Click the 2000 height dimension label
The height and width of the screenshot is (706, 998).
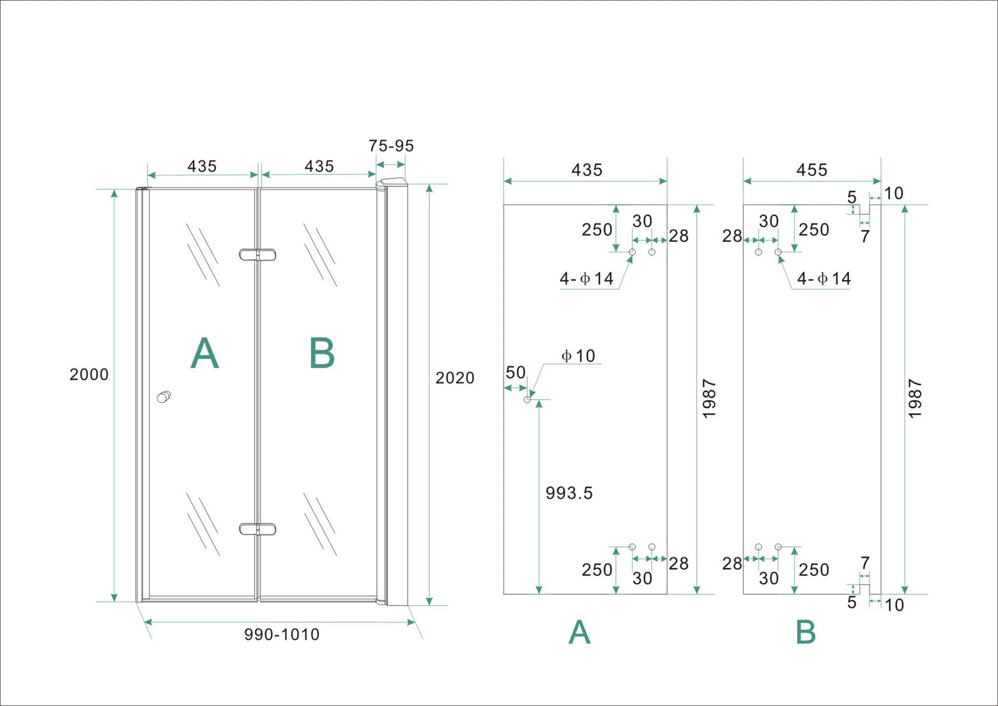(89, 374)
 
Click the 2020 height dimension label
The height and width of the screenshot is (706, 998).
(454, 378)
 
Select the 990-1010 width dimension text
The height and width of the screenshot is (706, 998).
(282, 634)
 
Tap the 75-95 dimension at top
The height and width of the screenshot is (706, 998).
(391, 146)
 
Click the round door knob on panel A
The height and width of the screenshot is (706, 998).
(164, 397)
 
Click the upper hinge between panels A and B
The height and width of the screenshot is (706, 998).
(257, 255)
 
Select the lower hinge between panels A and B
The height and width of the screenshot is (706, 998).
(257, 529)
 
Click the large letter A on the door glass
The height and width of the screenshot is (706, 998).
(204, 354)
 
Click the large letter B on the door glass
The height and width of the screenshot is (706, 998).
(322, 354)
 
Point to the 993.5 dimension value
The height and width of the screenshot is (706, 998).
(569, 493)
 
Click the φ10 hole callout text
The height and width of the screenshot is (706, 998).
(579, 356)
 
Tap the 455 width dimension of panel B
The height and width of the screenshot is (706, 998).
(812, 170)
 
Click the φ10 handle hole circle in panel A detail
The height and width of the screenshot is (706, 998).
(528, 399)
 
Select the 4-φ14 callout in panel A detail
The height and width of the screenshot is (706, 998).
(587, 278)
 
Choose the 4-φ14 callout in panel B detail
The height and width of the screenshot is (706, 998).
(824, 278)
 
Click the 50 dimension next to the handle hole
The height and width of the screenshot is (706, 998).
(515, 373)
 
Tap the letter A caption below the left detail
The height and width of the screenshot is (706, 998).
(579, 632)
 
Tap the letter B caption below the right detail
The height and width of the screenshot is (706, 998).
(805, 632)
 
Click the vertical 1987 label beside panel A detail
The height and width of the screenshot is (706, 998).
(709, 399)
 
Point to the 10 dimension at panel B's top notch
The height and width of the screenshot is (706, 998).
(894, 193)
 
